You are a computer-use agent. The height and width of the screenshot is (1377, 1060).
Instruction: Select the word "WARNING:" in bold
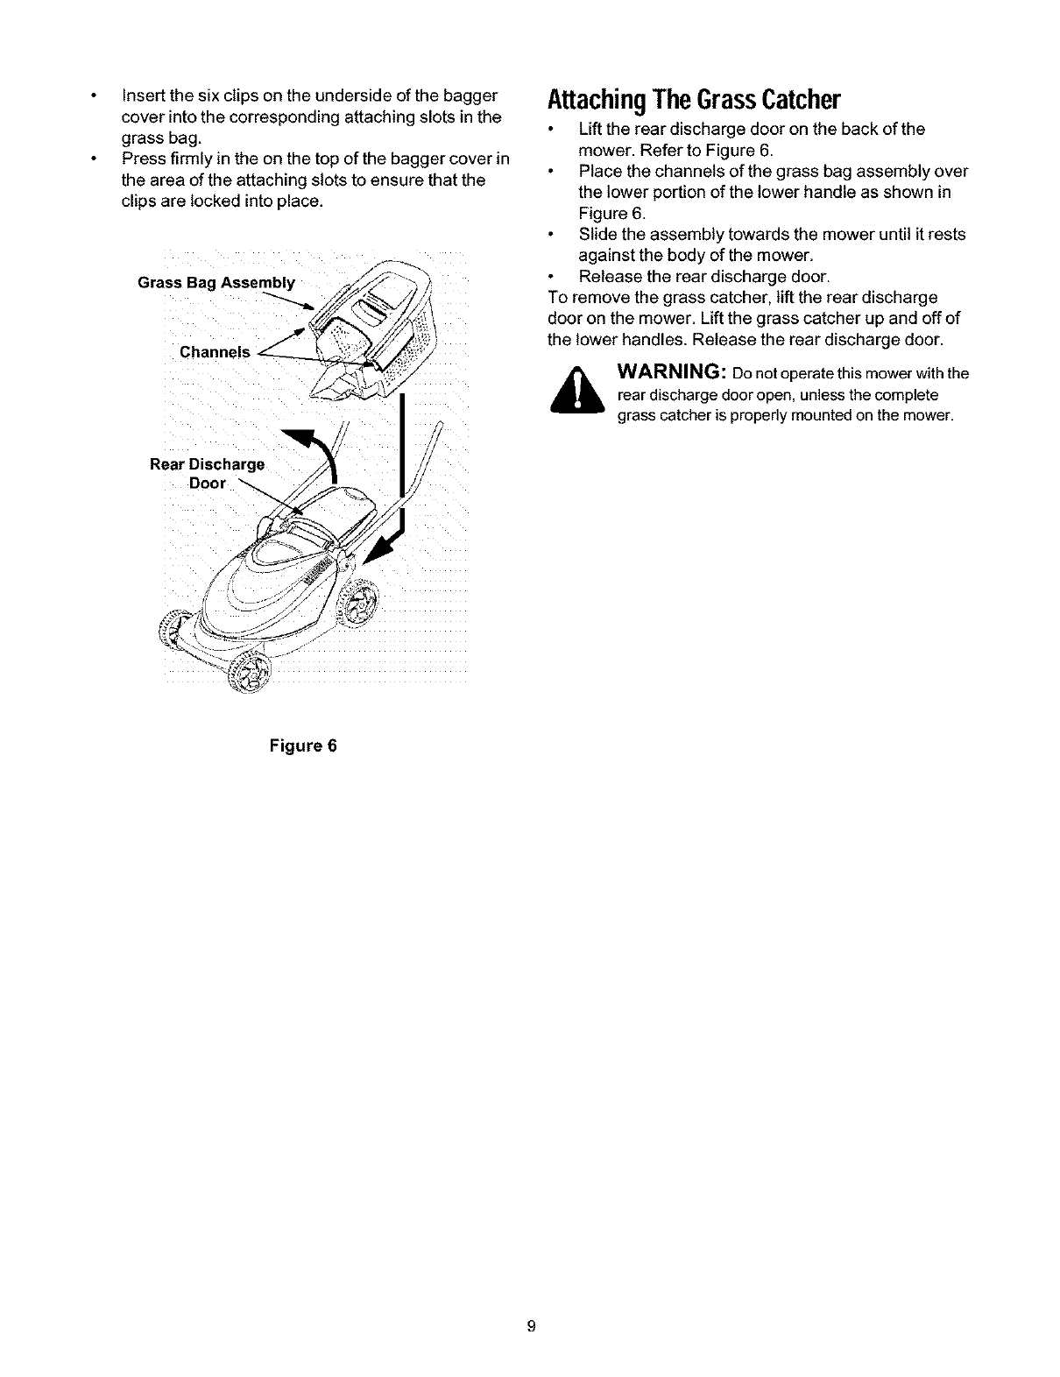(x=674, y=372)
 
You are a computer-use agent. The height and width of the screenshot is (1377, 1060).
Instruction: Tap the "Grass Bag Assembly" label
(x=216, y=283)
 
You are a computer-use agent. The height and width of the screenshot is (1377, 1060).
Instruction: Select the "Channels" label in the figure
(x=215, y=352)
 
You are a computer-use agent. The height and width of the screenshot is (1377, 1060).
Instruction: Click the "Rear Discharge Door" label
(x=207, y=473)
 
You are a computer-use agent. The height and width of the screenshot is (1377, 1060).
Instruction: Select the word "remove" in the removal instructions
(x=593, y=298)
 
